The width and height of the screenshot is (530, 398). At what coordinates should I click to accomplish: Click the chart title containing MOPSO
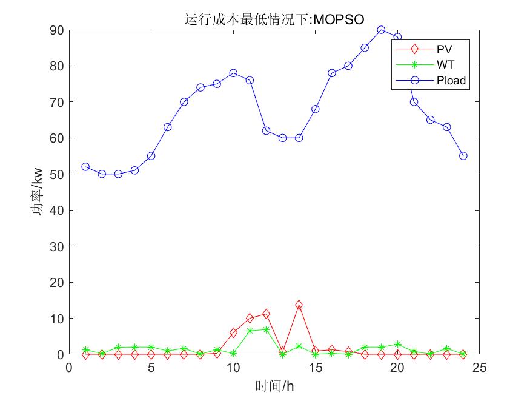[274, 19]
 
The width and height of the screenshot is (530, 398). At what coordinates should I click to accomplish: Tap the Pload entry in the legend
[451, 79]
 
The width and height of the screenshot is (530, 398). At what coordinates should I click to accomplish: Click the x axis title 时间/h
[274, 385]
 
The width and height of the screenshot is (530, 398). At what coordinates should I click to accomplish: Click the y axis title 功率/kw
[37, 192]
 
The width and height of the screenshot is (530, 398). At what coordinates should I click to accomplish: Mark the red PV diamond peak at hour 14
[299, 305]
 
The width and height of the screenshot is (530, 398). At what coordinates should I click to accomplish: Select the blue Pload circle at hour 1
[85, 167]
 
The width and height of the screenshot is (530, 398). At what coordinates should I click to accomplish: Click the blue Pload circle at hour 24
[463, 156]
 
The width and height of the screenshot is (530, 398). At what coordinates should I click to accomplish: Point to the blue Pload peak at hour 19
[381, 30]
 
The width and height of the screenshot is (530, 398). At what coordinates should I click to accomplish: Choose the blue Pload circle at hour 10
[233, 73]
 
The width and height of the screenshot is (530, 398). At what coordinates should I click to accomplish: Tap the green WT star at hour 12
[266, 329]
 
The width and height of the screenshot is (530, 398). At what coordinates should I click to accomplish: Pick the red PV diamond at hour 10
[233, 332]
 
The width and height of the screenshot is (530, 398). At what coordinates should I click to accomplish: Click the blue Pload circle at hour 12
[266, 130]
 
